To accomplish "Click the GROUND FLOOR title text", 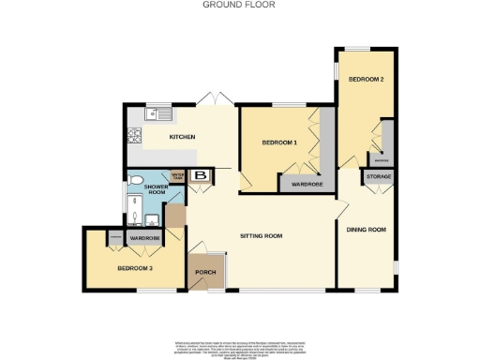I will pos(239,5).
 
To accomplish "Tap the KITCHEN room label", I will pos(182,138).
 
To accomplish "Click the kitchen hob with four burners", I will pos(135,138).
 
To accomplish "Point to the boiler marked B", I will pos(199,174).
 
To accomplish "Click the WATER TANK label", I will pos(177,175).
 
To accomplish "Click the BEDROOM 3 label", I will pos(135,268).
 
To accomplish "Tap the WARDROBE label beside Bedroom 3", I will pos(144,239).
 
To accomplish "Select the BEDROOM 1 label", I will pos(279,142).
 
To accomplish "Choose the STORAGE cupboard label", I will pos(379,176).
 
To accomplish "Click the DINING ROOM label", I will pos(367,230).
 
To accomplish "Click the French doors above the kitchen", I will pos(217,99).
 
